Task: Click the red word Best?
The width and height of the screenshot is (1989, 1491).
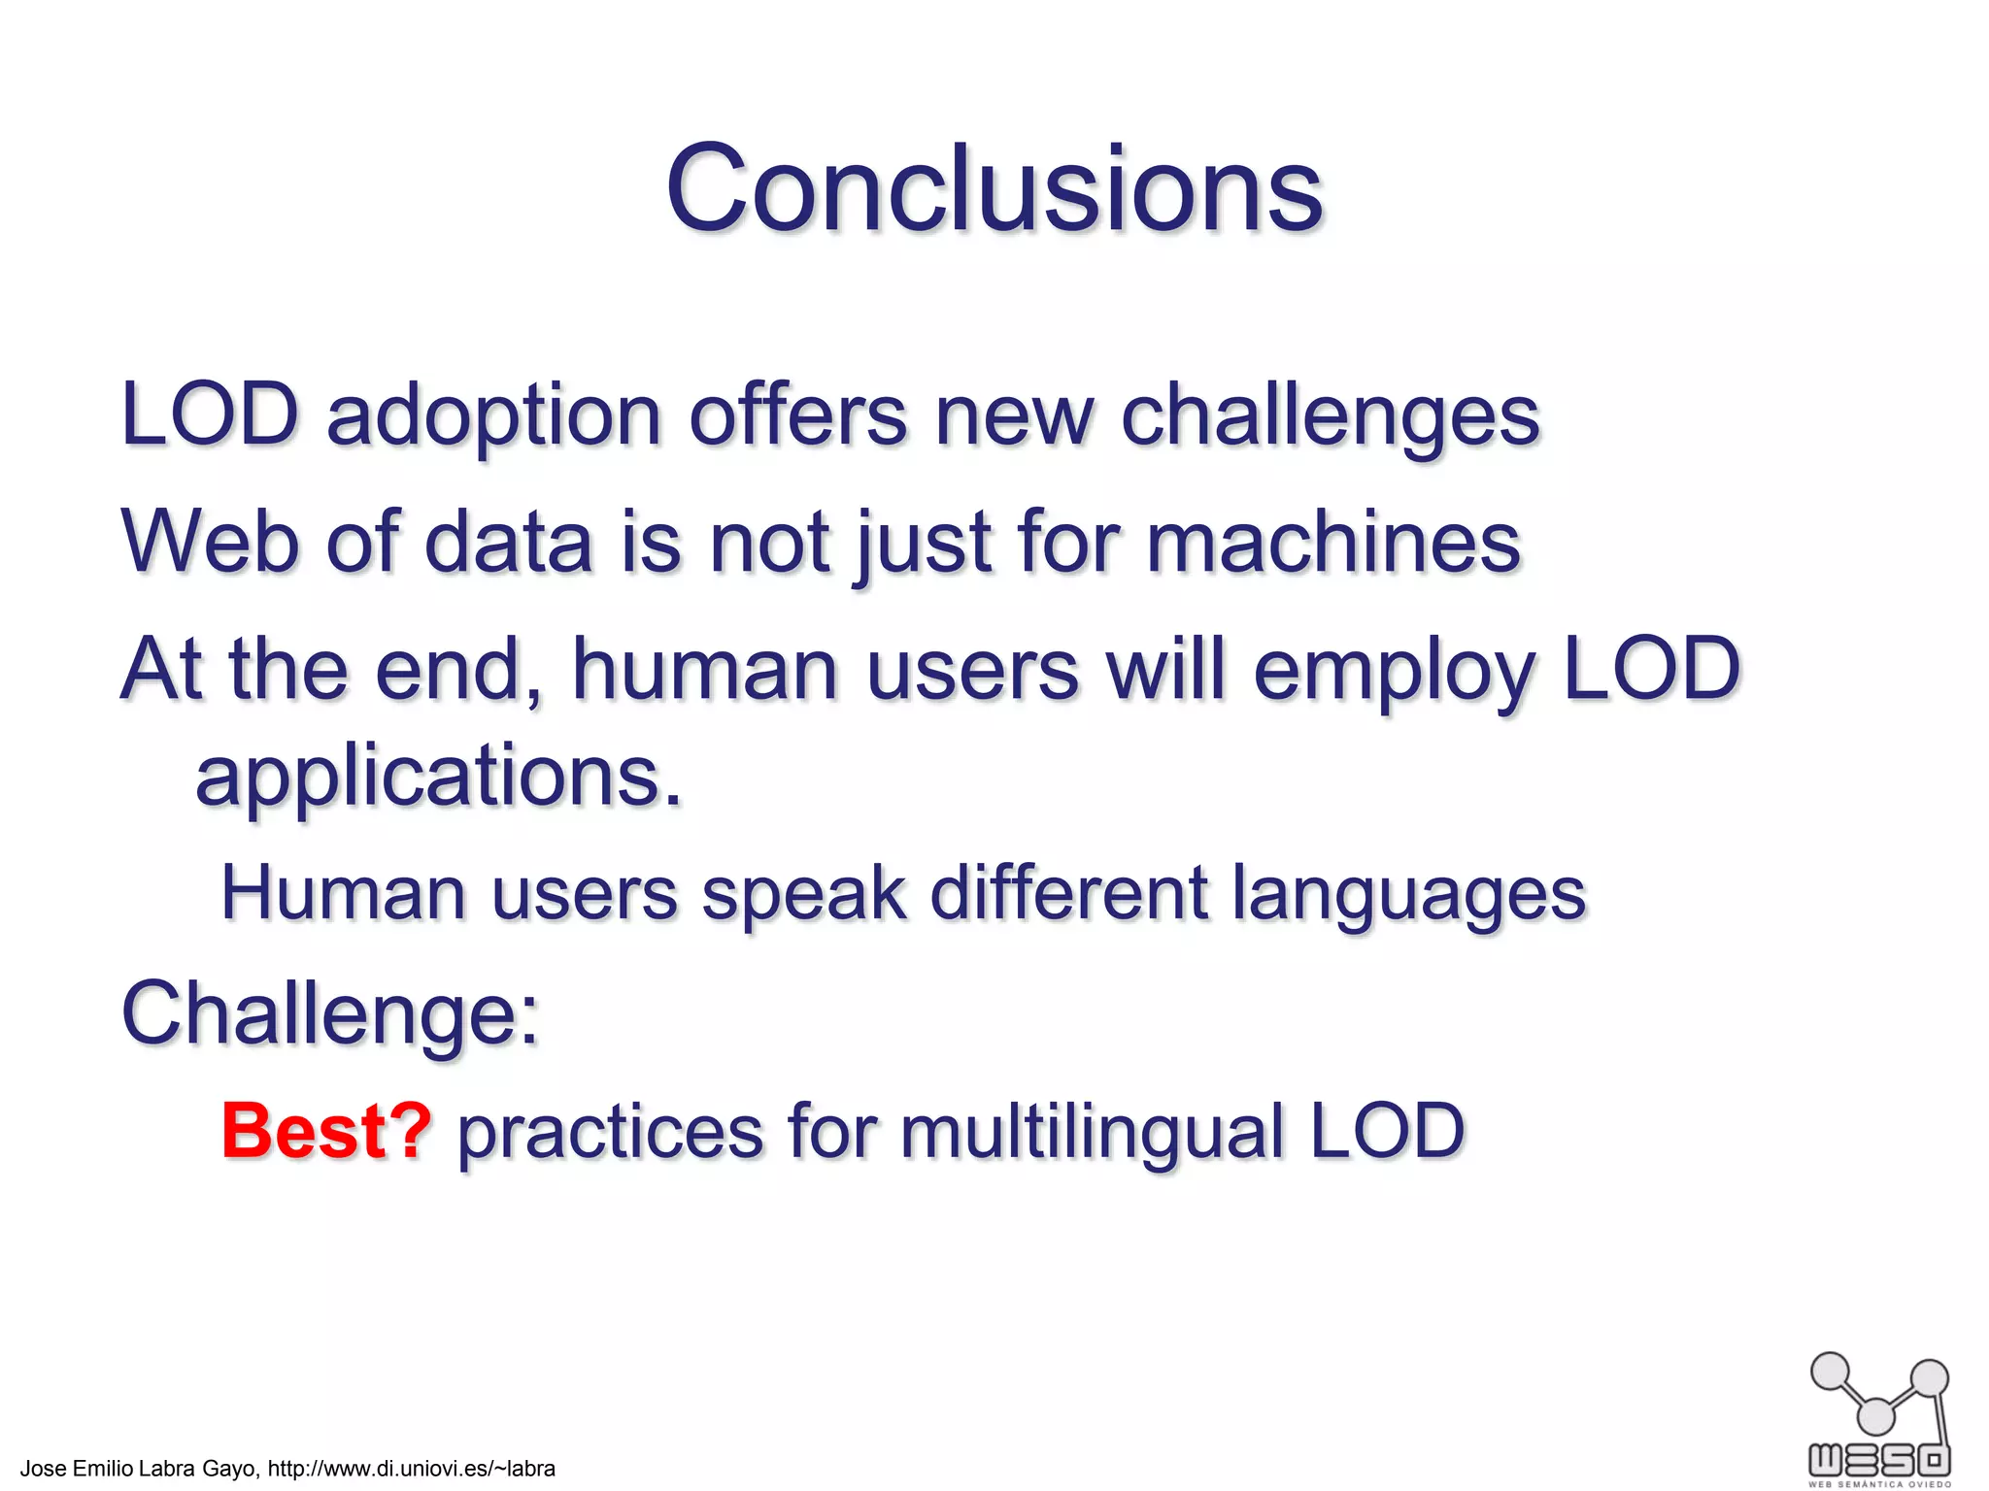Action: point(326,1131)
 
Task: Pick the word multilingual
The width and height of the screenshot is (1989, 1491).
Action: point(1092,1131)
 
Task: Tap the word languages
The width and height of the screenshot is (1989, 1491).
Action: point(1408,894)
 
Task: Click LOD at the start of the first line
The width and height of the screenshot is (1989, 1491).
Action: point(209,415)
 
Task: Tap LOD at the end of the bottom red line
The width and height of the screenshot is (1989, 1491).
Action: point(1387,1131)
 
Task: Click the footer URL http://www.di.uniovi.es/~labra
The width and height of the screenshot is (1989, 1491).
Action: point(411,1469)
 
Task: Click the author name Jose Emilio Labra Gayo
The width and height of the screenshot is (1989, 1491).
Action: point(138,1469)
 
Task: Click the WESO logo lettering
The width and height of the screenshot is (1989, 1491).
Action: point(1878,1459)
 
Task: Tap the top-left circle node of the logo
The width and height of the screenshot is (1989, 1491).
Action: point(1831,1372)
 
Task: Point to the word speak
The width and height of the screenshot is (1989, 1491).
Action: point(803,894)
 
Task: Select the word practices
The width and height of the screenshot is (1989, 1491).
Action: point(610,1133)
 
